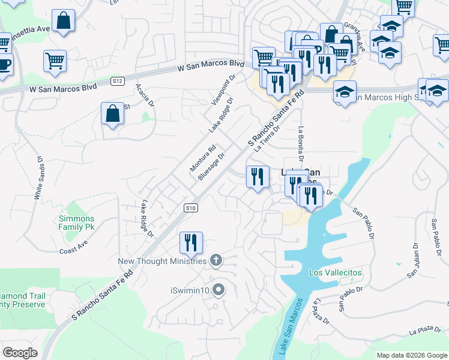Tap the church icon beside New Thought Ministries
(x=216, y=260)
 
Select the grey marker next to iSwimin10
(x=218, y=290)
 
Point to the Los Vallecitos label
(x=336, y=272)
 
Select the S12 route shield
(x=118, y=80)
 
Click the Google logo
(x=20, y=352)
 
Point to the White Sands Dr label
(x=39, y=179)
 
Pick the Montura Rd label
(x=203, y=158)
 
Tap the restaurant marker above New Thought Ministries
(x=191, y=242)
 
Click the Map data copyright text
(x=411, y=355)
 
